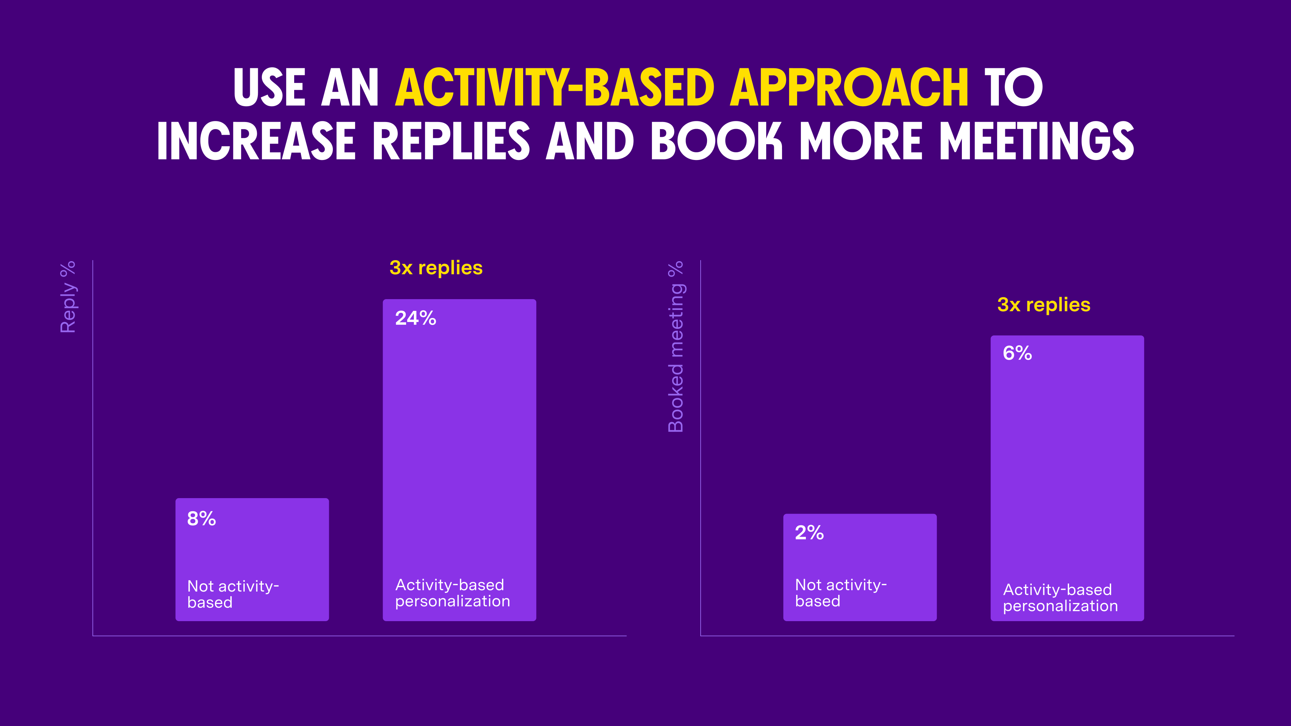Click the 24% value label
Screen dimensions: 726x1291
click(x=416, y=318)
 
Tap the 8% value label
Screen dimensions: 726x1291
click(x=201, y=519)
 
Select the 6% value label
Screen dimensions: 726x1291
click(x=1017, y=353)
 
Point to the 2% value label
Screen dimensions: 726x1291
click(x=809, y=533)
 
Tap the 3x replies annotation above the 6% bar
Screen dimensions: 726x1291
click(x=1044, y=305)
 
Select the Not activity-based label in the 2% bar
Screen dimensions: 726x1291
click(x=840, y=593)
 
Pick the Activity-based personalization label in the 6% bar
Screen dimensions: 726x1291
click(x=1060, y=597)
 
